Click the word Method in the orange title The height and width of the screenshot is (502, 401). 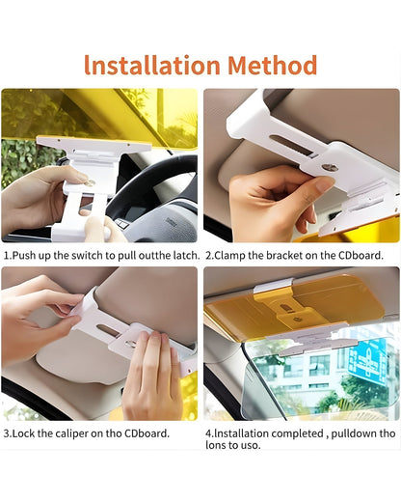pyautogui.click(x=272, y=66)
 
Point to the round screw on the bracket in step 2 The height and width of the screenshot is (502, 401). pyautogui.click(x=330, y=166)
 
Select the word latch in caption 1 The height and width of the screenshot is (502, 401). pyautogui.click(x=184, y=255)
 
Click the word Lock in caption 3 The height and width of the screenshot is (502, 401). pyautogui.click(x=24, y=432)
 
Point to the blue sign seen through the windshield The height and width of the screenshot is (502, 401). pyautogui.click(x=366, y=359)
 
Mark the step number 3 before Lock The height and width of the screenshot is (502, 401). pyautogui.click(x=6, y=432)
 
